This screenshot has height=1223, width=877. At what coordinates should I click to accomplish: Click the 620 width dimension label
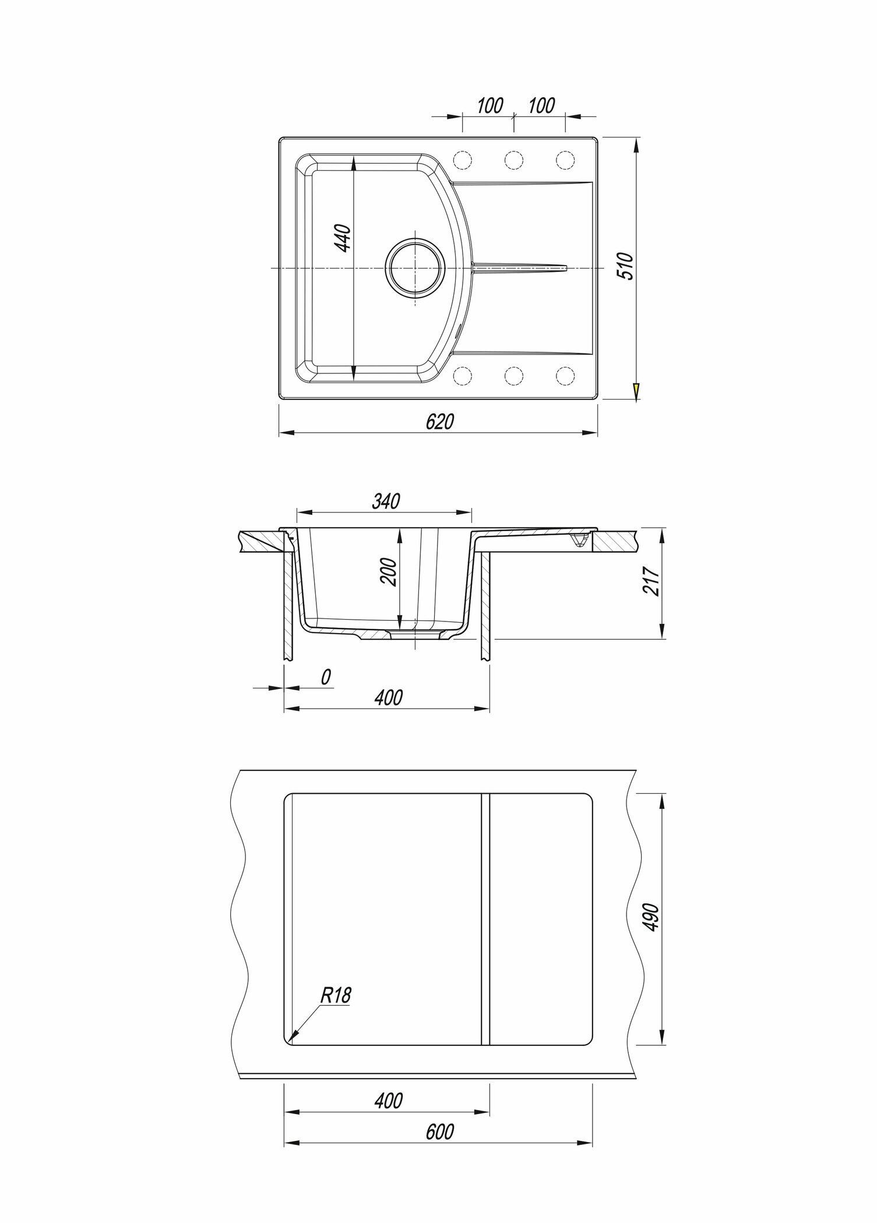coord(439,422)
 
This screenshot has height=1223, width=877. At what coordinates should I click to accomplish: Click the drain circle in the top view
coord(415,269)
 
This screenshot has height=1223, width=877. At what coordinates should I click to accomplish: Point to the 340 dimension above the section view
coord(385,501)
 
